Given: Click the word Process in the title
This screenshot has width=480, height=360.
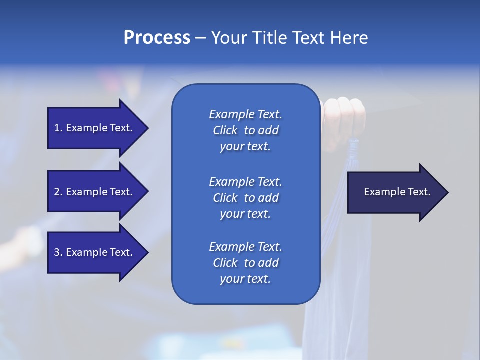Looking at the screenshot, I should (157, 38).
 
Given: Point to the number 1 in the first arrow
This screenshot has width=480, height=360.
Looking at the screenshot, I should (57, 128).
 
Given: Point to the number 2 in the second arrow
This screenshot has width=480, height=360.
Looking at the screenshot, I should (57, 192).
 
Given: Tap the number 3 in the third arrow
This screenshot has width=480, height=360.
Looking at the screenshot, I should (57, 252).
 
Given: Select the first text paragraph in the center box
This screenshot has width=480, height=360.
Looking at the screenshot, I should (245, 130).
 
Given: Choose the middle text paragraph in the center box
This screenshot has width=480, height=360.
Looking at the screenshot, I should (245, 197).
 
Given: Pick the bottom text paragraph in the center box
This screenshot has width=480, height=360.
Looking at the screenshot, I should (245, 263).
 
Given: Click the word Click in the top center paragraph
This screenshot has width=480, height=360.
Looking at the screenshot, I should (225, 130).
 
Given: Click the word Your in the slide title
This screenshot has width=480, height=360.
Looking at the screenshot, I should (228, 38).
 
